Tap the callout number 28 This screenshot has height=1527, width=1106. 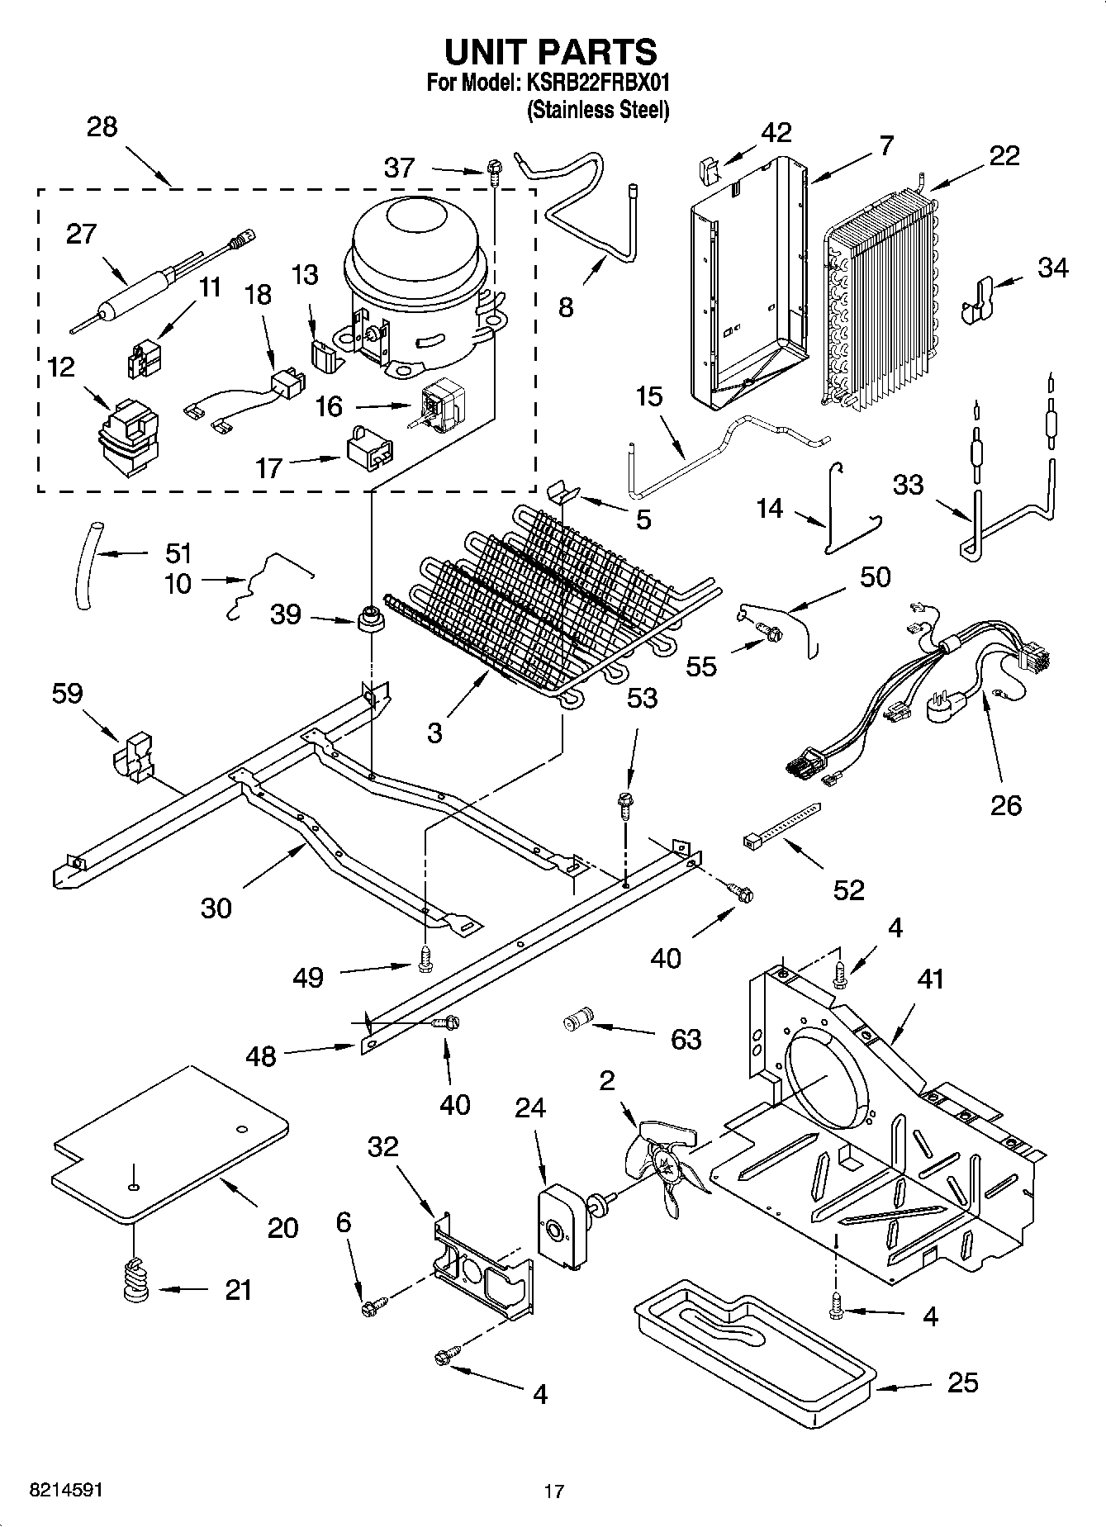[102, 127]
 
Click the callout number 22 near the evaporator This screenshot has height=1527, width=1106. [1004, 155]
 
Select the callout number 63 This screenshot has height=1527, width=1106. [686, 1038]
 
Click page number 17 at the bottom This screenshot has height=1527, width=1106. [553, 1491]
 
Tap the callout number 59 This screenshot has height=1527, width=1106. [67, 693]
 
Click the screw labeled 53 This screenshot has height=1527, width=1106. [626, 803]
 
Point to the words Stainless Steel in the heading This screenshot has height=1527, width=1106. [598, 110]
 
